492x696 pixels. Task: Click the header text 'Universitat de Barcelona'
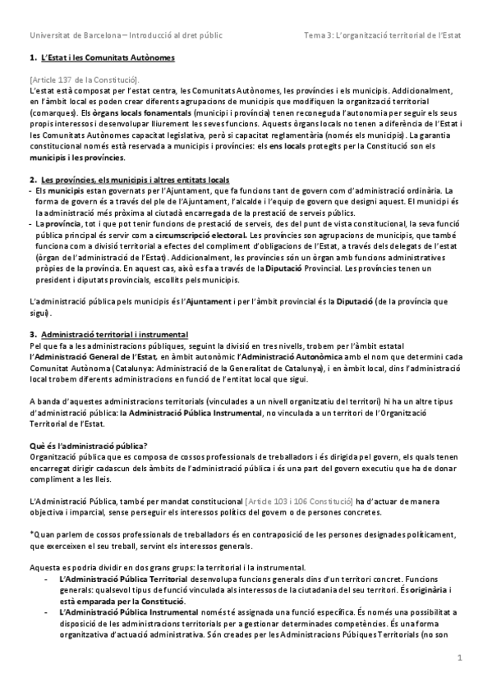pos(74,35)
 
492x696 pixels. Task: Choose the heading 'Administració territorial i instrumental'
pos(114,335)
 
